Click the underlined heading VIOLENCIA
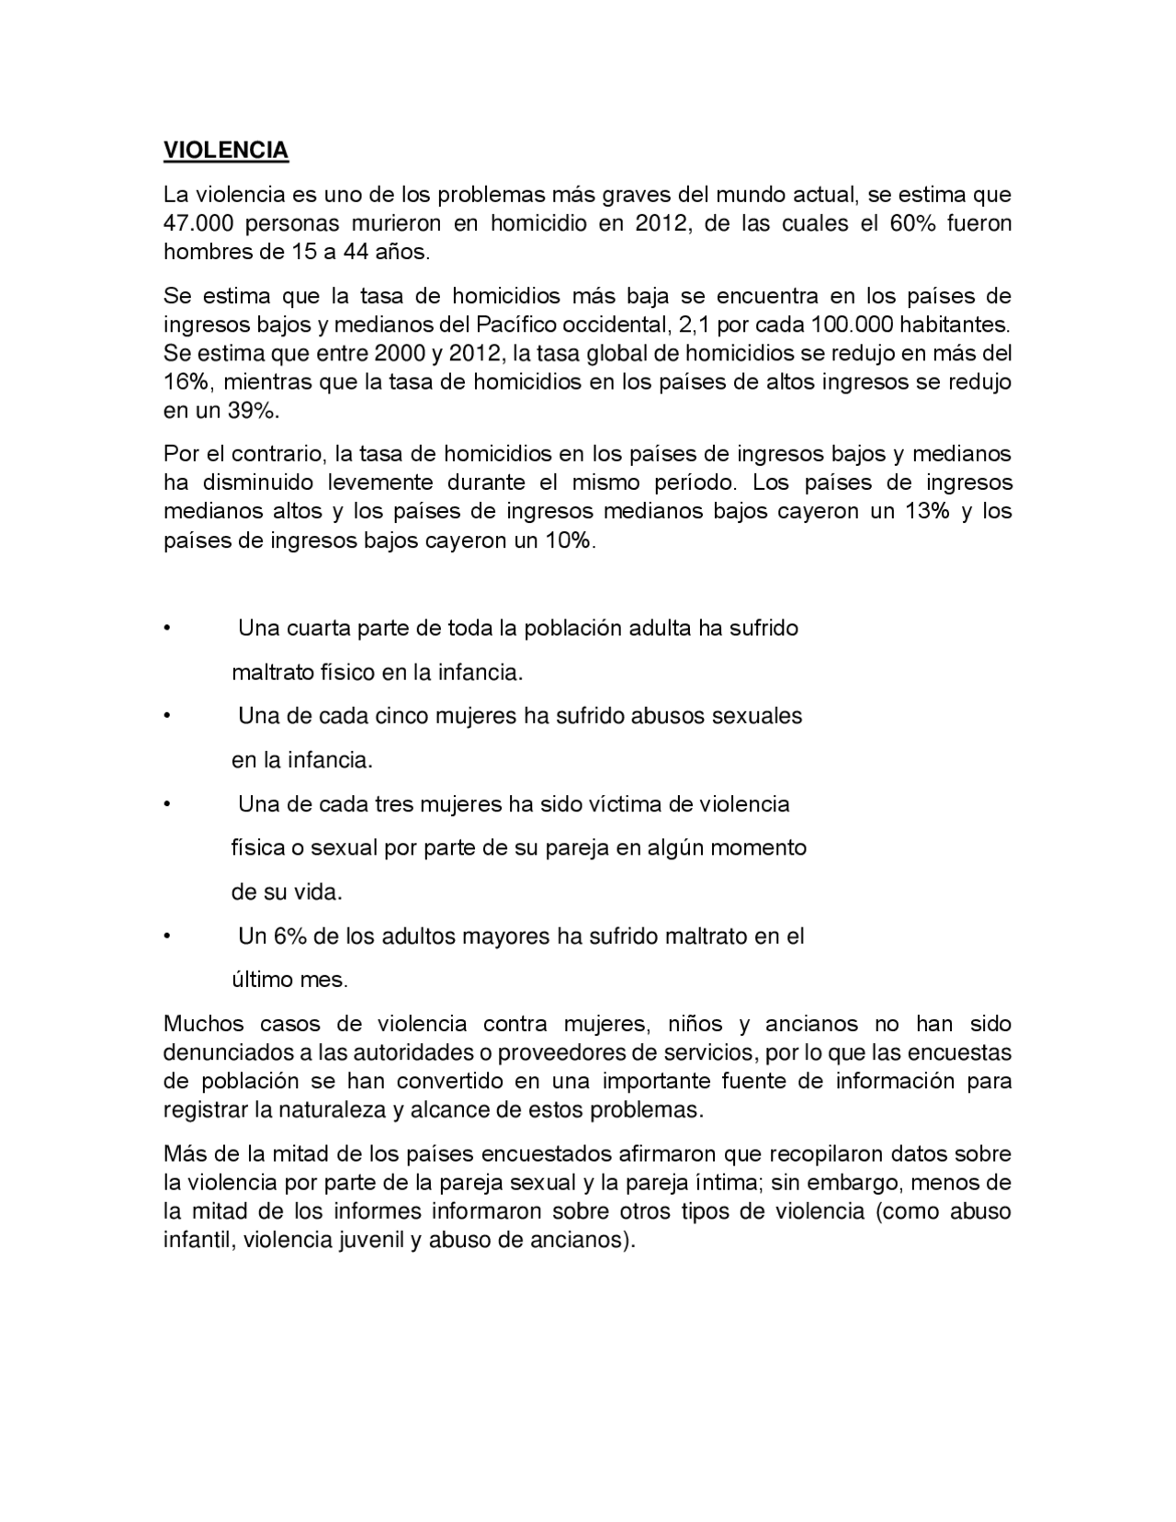tap(226, 151)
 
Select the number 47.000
tap(197, 223)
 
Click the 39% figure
tap(253, 410)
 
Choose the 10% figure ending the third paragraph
tap(570, 540)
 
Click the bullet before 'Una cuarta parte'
tap(167, 629)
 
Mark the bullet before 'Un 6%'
tap(167, 937)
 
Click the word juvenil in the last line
tap(367, 1239)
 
